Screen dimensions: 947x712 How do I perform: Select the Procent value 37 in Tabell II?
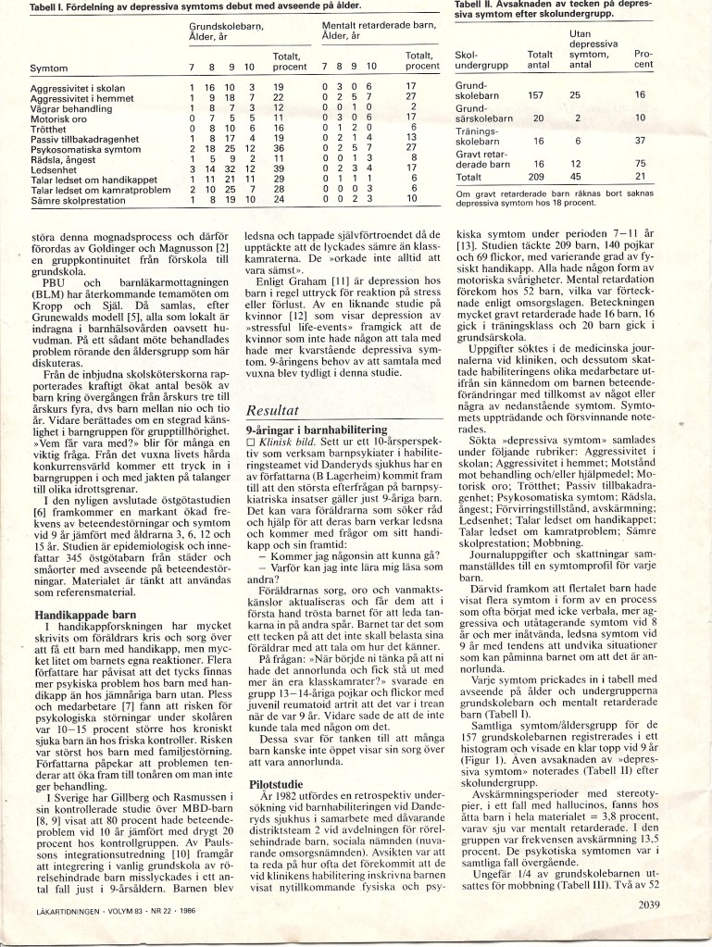[x=639, y=141]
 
